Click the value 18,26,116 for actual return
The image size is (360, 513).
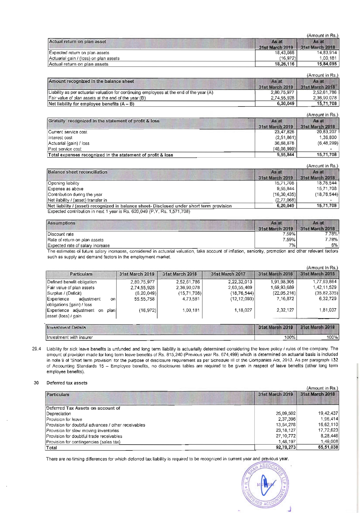(285, 64)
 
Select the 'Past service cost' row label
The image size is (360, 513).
(65, 149)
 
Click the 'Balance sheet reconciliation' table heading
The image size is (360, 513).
(77, 172)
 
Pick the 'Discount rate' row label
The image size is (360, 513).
(61, 234)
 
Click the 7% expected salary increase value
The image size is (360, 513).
(292, 245)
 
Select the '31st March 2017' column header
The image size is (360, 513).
(228, 274)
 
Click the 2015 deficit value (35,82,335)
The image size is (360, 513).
(326, 293)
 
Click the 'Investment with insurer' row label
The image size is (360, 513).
(70, 338)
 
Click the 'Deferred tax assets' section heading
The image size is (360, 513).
(67, 383)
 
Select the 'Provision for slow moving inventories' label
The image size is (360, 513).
(83, 431)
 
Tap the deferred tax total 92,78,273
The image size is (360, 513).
(286, 448)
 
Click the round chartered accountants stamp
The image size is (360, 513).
(264, 486)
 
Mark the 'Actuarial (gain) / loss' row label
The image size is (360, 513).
(69, 143)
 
